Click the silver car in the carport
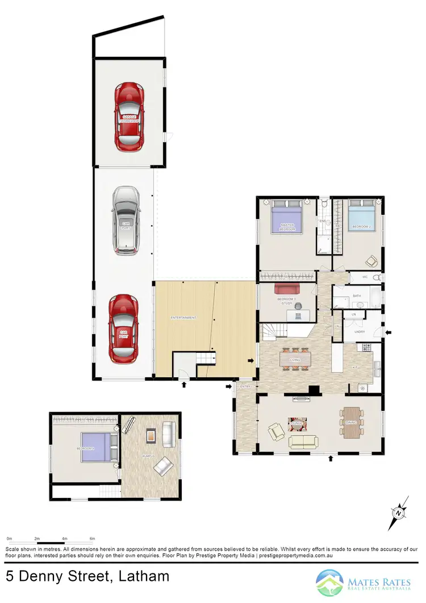(125, 220)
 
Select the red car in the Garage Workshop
(129, 117)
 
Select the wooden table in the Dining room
(351, 422)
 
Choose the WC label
(366, 277)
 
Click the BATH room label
(357, 296)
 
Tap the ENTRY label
(245, 387)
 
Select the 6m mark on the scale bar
(92, 538)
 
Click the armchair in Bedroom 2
(372, 261)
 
